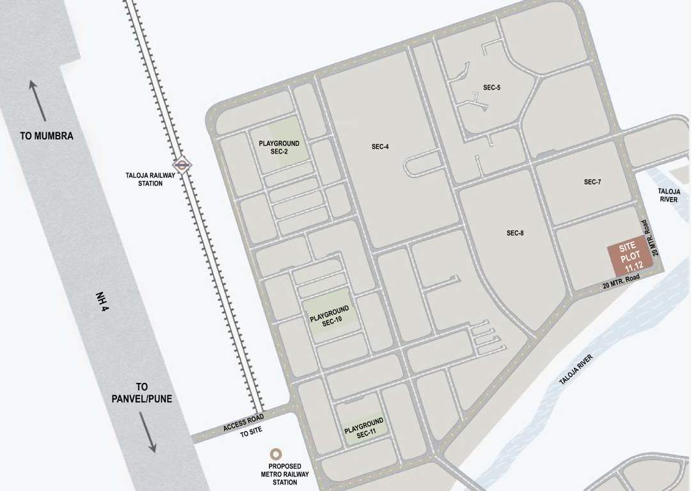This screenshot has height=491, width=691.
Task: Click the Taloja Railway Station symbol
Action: click(183, 165)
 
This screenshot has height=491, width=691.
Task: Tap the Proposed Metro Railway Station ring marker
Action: click(276, 453)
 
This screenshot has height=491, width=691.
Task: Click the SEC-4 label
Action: click(380, 146)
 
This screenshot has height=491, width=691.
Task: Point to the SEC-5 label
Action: click(491, 87)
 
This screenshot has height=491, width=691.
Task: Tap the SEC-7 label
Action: click(592, 182)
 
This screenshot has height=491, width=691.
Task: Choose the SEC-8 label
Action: click(515, 233)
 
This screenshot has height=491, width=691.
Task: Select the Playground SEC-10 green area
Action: click(329, 318)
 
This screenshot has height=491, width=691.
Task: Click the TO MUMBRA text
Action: click(47, 136)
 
